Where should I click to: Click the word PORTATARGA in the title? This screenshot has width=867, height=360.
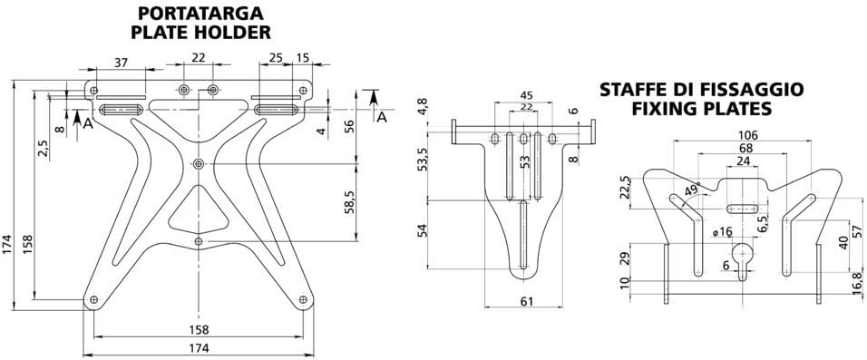tap(202, 14)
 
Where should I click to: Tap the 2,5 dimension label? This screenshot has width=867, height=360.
tap(43, 148)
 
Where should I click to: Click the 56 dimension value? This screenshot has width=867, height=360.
tap(350, 125)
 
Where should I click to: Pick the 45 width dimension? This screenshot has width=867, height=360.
tap(525, 95)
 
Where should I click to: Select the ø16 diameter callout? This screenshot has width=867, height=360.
tap(722, 232)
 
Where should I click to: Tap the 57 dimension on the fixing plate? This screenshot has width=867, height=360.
tap(856, 227)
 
